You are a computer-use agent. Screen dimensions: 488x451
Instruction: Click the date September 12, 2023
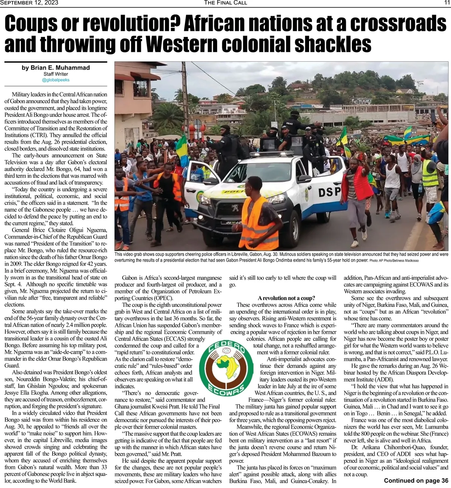[x=29, y=3]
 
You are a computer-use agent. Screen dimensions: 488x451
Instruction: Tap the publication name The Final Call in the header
[x=225, y=3]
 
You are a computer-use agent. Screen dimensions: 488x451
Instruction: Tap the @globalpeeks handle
[x=56, y=80]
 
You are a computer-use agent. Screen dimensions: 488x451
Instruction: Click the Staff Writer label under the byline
[x=56, y=74]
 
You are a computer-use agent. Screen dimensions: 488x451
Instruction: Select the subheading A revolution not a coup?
[x=286, y=298]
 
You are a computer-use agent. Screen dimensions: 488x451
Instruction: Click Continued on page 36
[x=416, y=480]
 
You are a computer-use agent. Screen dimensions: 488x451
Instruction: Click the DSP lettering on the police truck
[x=330, y=192]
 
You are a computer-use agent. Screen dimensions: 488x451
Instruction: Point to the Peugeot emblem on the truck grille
[x=235, y=208]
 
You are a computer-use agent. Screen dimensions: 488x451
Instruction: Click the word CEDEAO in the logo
[x=226, y=348]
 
